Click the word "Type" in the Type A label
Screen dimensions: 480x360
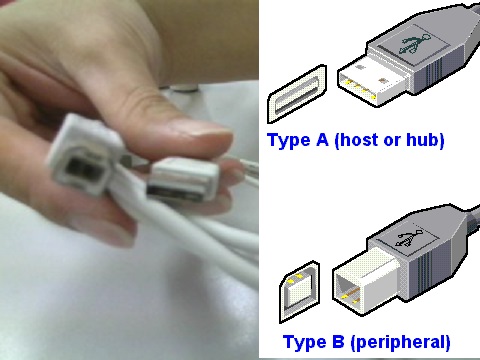tap(289, 140)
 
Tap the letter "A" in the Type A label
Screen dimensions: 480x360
tap(322, 139)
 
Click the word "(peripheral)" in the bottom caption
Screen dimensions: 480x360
tap(400, 342)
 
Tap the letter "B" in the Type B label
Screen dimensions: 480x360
tap(338, 341)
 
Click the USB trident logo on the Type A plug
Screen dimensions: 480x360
tap(414, 44)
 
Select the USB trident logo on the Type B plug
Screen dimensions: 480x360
tap(409, 238)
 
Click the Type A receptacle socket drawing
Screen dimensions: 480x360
tap(297, 94)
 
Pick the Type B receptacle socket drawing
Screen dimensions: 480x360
tap(299, 291)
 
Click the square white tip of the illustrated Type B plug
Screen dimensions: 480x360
tap(366, 281)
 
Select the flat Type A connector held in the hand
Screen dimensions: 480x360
tap(183, 180)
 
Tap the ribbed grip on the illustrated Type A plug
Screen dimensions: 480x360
tap(440, 72)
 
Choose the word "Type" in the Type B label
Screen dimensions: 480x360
tap(304, 343)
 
